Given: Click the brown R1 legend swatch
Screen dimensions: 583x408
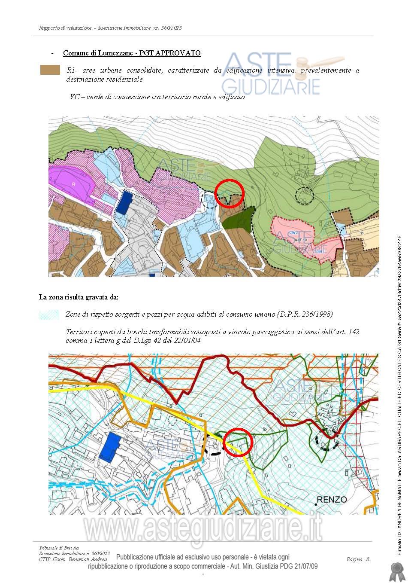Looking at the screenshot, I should tap(50, 70).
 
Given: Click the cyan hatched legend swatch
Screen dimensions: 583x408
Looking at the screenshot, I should tap(49, 314).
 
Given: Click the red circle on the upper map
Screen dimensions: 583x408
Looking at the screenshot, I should tap(229, 192).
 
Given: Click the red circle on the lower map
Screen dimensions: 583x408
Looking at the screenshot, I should tap(238, 442).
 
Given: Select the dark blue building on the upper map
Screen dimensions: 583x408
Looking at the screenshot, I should tap(125, 203).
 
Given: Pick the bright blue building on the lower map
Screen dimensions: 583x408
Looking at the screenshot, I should tap(110, 447).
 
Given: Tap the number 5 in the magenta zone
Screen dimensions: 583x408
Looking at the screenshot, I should tap(73, 184).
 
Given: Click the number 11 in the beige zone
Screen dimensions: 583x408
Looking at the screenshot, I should tap(362, 232).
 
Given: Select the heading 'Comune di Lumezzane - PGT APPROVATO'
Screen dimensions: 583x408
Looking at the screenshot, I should tap(132, 53).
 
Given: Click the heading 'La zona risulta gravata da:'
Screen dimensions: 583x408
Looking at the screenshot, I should tap(79, 297).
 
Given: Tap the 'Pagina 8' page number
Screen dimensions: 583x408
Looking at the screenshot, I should tap(357, 559).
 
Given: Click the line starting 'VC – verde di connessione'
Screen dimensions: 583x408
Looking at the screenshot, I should tap(157, 97).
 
